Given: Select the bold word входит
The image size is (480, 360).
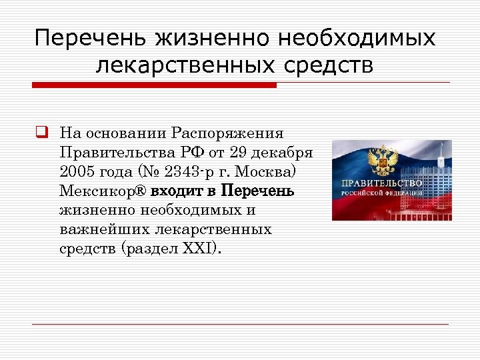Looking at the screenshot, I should pyautogui.click(x=177, y=191).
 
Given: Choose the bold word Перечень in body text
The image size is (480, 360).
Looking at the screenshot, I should pyautogui.click(x=257, y=191).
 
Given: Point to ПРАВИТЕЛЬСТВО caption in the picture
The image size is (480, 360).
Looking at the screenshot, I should pyautogui.click(x=382, y=183).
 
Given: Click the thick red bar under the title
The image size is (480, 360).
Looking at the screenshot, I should pyautogui.click(x=154, y=85).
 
